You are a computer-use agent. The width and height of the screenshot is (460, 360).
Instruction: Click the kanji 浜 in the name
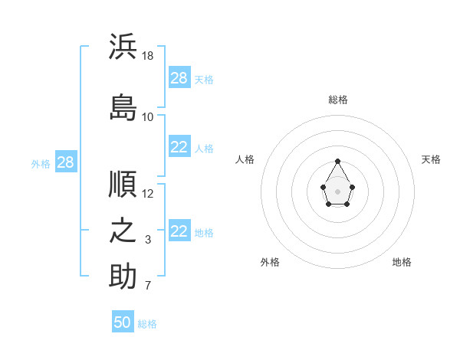pos(123,46)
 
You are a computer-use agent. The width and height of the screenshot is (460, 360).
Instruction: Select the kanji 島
pos(123,107)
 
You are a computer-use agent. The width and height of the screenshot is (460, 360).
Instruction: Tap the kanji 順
pos(123,184)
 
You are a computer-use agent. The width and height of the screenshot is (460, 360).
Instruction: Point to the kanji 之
pos(123,230)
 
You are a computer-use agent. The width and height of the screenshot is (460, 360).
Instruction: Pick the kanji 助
pos(123,276)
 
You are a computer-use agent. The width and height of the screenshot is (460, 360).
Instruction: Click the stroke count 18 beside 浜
pos(147,56)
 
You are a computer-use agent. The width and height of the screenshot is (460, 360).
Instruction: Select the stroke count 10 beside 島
pos(147,117)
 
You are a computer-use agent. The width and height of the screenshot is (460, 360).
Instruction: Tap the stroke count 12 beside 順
pos(147,194)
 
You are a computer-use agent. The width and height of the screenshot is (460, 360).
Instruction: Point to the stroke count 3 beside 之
pos(148,240)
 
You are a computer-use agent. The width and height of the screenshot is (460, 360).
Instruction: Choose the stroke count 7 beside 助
pos(148,286)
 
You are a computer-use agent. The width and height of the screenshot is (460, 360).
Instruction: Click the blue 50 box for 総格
pos(123,321)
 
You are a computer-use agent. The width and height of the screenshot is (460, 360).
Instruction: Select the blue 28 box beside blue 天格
pos(180,77)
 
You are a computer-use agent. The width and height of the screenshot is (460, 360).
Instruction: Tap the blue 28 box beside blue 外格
pos(66,162)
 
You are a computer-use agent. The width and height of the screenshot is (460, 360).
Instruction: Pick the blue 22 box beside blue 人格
pos(180,146)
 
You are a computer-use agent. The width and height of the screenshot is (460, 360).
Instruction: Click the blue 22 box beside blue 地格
pos(180,230)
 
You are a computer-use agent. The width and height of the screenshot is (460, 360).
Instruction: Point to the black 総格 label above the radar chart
pos(338,100)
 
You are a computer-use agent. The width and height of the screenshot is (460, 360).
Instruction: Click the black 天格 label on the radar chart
pos(431,159)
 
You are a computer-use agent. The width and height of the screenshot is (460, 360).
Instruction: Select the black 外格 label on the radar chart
pos(270,262)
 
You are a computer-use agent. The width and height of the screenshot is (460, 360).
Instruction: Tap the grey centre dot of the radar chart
pos(337,191)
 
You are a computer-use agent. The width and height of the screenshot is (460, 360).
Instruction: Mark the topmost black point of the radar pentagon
pos(337,161)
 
